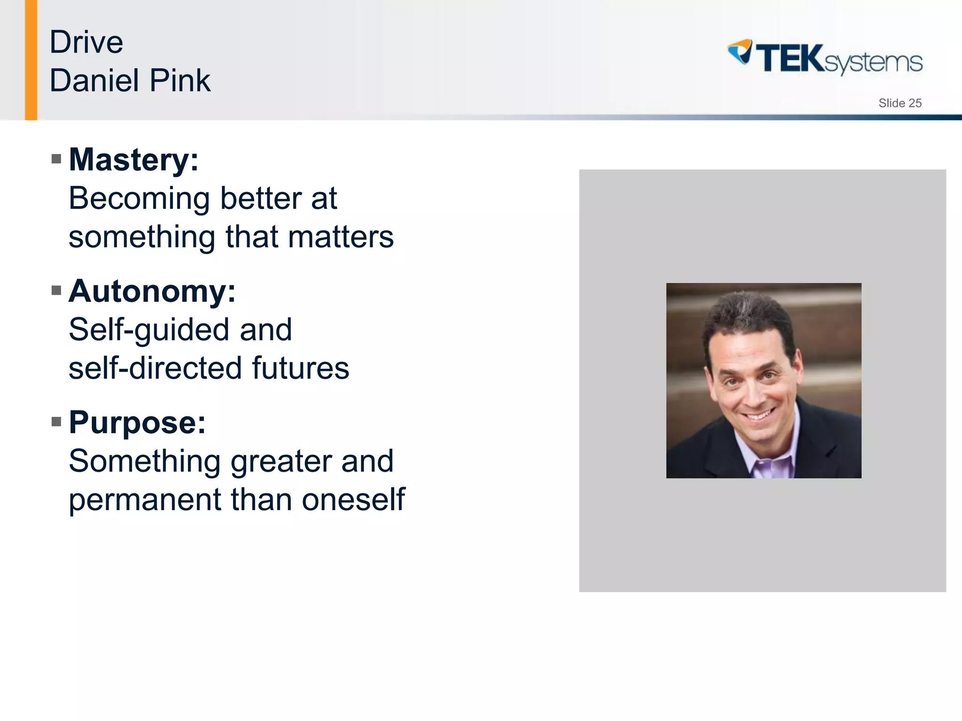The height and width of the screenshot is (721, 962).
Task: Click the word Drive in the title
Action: [x=86, y=42]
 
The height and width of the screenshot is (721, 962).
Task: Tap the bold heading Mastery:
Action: [x=134, y=160]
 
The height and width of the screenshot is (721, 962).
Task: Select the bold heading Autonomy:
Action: [x=152, y=291]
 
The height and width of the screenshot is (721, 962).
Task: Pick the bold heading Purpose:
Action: [x=137, y=422]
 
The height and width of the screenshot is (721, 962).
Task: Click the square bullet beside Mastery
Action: [x=56, y=159]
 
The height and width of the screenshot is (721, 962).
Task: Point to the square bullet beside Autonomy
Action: [x=56, y=290]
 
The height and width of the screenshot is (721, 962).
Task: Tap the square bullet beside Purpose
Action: [x=56, y=422]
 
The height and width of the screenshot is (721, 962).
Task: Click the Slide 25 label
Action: [x=900, y=103]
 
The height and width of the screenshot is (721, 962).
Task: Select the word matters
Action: [x=341, y=237]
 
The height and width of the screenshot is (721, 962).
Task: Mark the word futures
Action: [x=301, y=368]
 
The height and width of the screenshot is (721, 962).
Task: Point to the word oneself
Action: [x=353, y=499]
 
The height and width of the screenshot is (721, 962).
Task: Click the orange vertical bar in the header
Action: [x=31, y=60]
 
